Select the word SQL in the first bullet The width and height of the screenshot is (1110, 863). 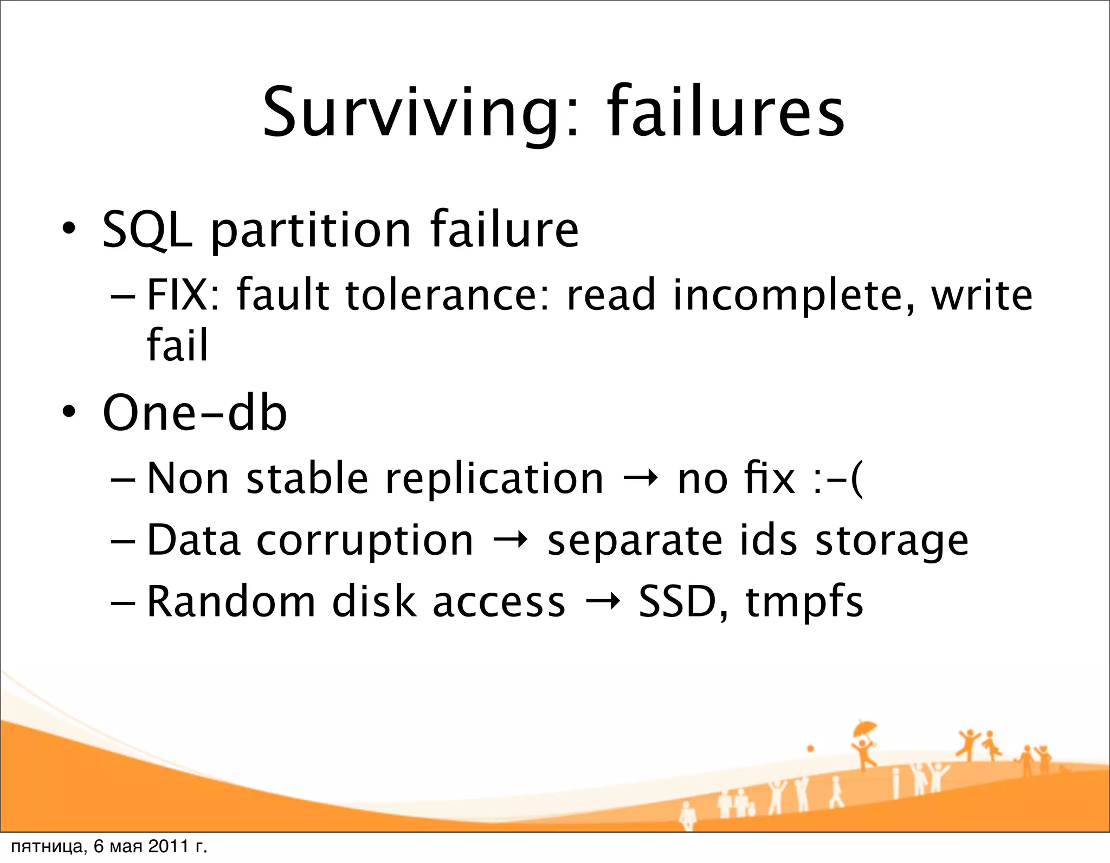[x=147, y=230]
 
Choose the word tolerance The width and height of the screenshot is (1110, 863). [x=447, y=295]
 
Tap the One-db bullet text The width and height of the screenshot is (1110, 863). [x=195, y=413]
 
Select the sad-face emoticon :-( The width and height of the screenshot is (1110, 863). [x=837, y=479]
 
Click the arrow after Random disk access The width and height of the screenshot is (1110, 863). [x=602, y=602]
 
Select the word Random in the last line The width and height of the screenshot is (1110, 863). [x=231, y=602]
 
